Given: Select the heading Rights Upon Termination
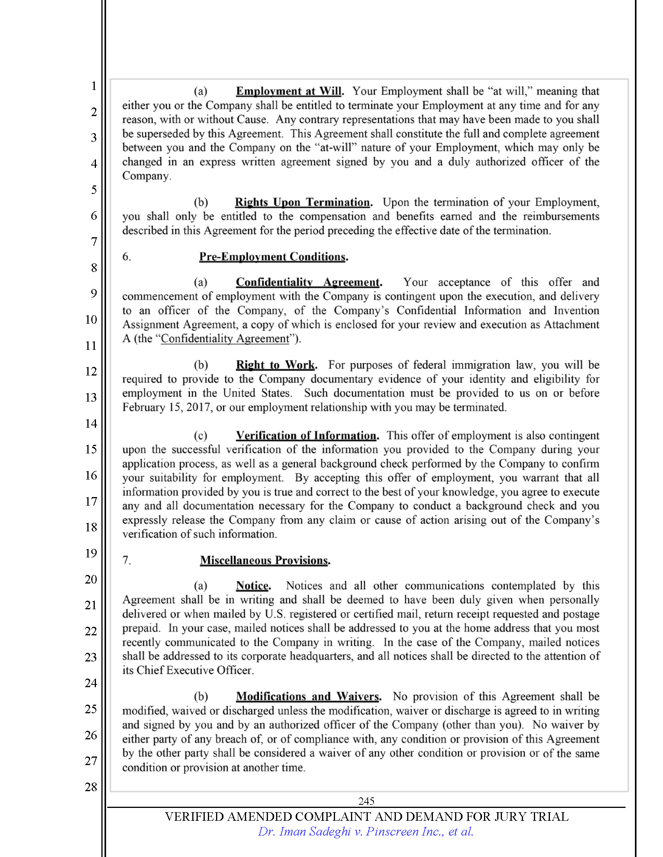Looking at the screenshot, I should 302,202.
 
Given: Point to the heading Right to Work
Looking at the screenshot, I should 276,365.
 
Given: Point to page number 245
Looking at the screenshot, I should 366,801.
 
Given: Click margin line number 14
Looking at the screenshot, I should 91,423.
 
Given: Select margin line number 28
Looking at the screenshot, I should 91,787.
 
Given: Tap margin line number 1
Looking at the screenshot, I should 94,86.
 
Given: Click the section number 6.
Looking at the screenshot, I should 126,257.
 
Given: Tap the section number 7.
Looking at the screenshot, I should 126,560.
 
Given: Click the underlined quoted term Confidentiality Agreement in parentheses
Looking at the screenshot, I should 225,339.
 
